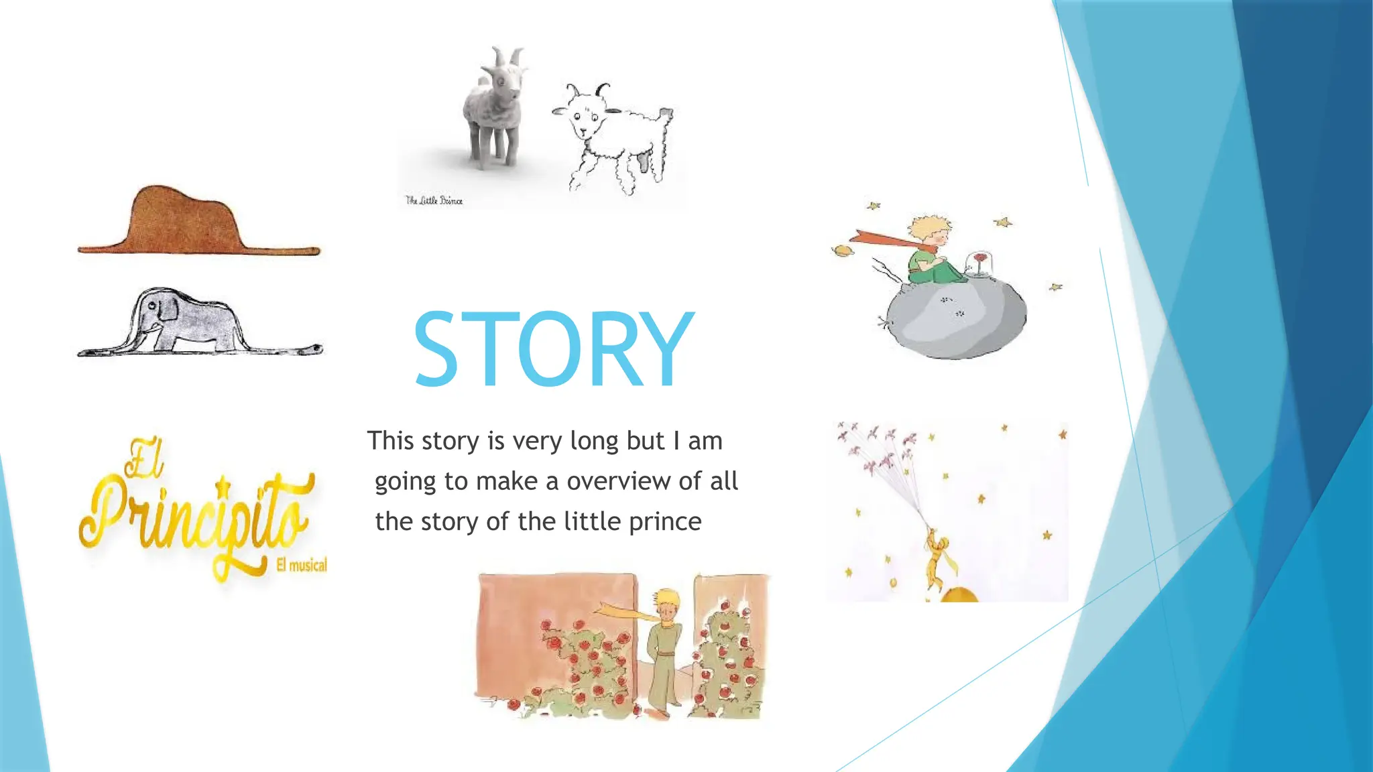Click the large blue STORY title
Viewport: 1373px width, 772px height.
pyautogui.click(x=553, y=349)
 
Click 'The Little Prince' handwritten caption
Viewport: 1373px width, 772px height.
pyautogui.click(x=434, y=200)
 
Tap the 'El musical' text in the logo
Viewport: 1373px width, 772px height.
pyautogui.click(x=302, y=565)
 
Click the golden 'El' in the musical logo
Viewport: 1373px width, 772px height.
pyautogui.click(x=143, y=459)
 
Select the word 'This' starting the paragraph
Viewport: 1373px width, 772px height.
pyautogui.click(x=390, y=441)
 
